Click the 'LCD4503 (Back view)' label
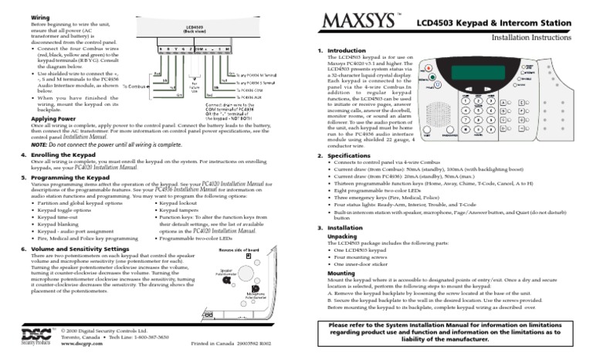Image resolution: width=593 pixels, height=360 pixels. pyautogui.click(x=188, y=28)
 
